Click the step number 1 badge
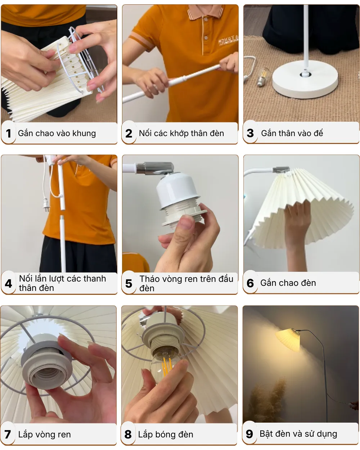[8, 134]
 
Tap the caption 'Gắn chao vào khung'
[57, 133]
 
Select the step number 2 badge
[129, 134]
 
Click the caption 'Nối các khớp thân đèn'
[181, 133]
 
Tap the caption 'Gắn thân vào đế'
[292, 133]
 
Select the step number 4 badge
[9, 284]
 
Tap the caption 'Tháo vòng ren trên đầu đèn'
[186, 283]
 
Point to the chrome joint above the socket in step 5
[155, 168]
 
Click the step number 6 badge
[250, 283]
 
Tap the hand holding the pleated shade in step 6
[297, 230]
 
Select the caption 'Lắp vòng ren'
[44, 435]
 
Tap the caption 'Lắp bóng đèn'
[166, 435]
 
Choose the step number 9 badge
[249, 434]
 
